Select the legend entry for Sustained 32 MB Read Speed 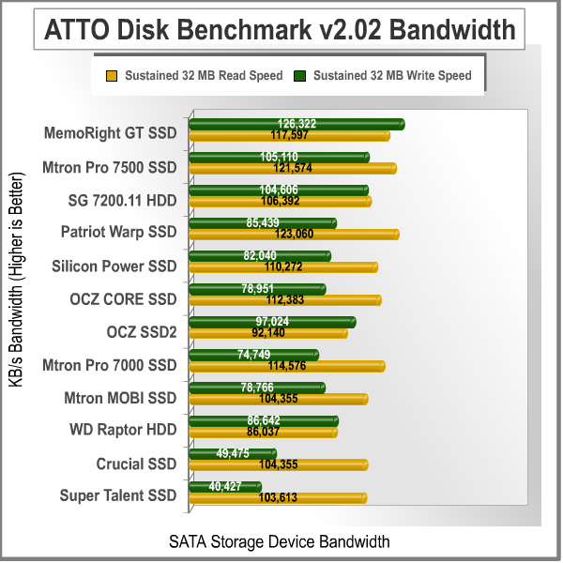click(x=193, y=74)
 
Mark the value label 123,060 click(x=294, y=234)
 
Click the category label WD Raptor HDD click(x=123, y=431)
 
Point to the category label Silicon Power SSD click(x=114, y=266)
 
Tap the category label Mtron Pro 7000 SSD click(x=109, y=365)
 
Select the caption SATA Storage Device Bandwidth click(x=279, y=541)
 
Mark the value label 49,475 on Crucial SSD click(x=232, y=453)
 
